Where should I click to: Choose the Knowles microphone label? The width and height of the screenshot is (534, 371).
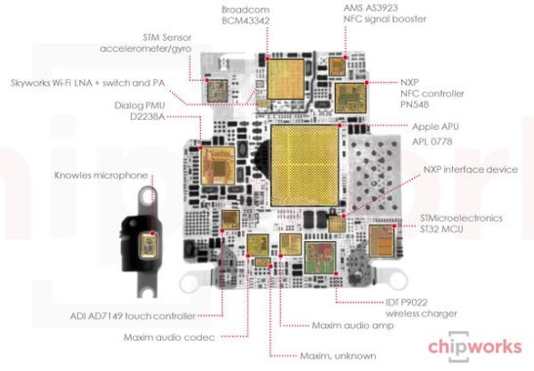pos(101,175)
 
